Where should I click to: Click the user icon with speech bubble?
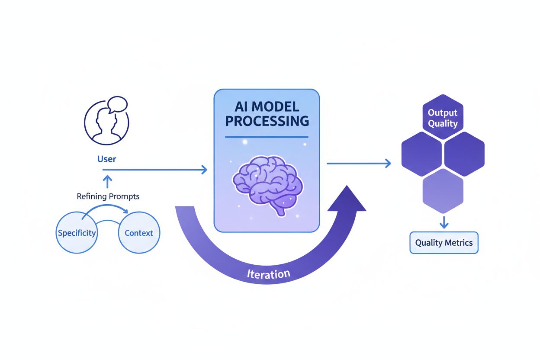(106, 121)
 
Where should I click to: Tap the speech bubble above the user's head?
(117, 104)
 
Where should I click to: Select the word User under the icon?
(106, 159)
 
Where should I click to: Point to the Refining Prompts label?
(108, 196)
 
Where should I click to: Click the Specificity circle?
(77, 233)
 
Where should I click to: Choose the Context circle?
(139, 233)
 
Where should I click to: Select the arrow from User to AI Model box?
(156, 170)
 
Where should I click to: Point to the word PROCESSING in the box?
(267, 121)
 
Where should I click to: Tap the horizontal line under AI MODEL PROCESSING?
(267, 137)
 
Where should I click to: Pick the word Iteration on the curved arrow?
(268, 274)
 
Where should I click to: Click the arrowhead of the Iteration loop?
(347, 199)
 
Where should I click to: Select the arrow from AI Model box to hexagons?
(359, 163)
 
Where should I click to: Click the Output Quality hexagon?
(442, 118)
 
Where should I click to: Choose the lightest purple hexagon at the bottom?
(443, 190)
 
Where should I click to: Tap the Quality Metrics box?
(444, 243)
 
